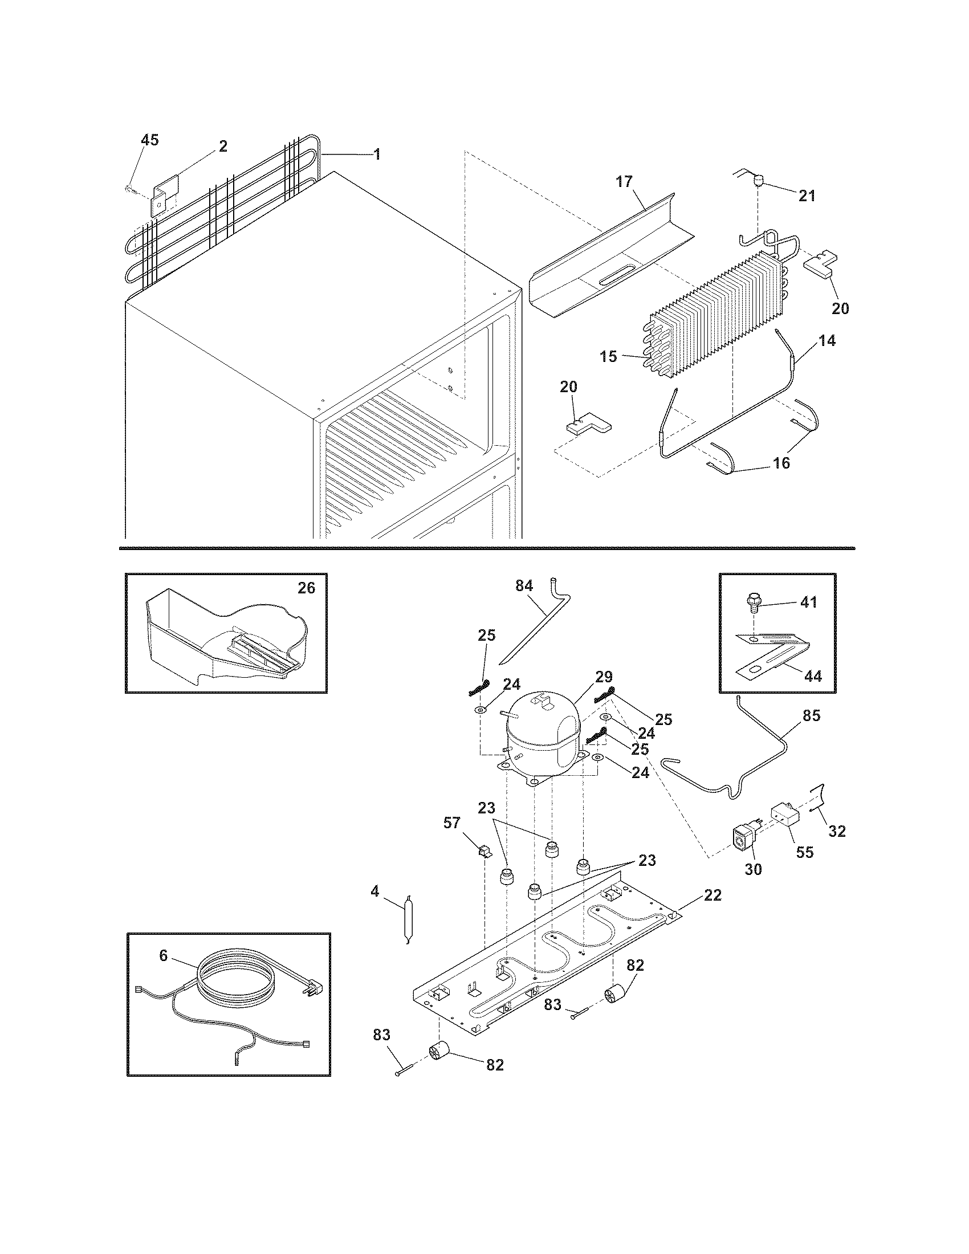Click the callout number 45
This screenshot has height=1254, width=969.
(150, 140)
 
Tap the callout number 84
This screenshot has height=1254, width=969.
(524, 585)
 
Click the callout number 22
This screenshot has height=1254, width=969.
(712, 894)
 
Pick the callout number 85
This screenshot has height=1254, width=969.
(812, 715)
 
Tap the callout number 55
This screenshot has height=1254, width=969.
(805, 853)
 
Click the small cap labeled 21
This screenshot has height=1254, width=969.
(758, 182)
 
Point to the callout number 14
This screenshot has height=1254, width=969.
(826, 340)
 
